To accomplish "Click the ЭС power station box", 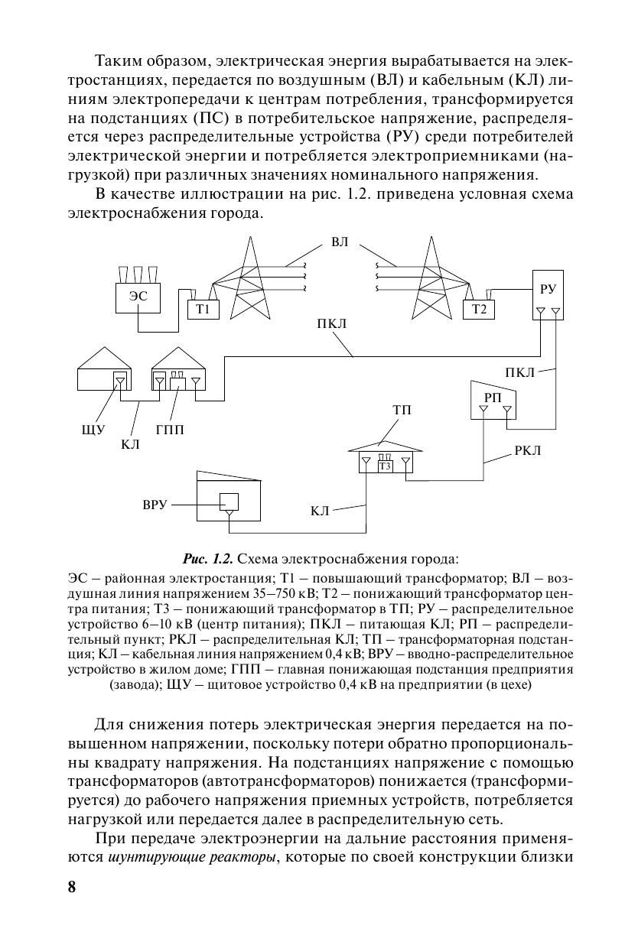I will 138,297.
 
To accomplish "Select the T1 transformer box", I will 203,309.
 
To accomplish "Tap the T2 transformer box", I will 479,309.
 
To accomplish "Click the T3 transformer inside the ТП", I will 385,466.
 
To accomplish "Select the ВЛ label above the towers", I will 340,242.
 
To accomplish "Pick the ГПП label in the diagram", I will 170,430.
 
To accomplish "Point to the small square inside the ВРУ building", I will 229,502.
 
